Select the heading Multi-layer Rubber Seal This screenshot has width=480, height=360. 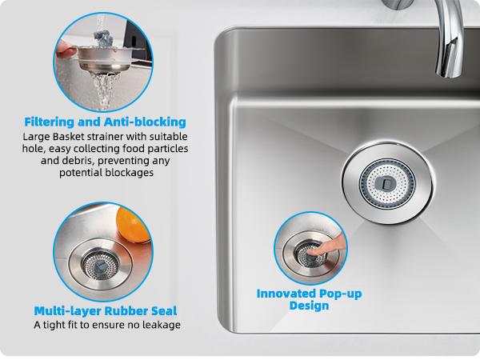pyautogui.click(x=106, y=310)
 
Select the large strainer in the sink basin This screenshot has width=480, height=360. pyautogui.click(x=381, y=182)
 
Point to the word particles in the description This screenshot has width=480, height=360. pyautogui.click(x=166, y=149)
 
